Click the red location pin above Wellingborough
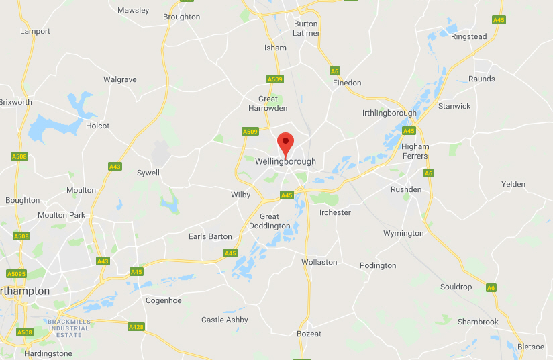286,142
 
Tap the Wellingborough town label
285,161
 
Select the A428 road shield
136,326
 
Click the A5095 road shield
16,274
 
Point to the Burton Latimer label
307,28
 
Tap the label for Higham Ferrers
414,151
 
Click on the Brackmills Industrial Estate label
68,327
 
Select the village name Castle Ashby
225,320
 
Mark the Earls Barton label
210,236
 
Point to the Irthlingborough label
389,113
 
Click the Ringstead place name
468,36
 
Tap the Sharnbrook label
478,322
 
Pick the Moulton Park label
62,215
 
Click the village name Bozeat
309,334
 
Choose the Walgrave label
119,79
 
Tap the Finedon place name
347,83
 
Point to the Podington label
378,265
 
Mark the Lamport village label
35,31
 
